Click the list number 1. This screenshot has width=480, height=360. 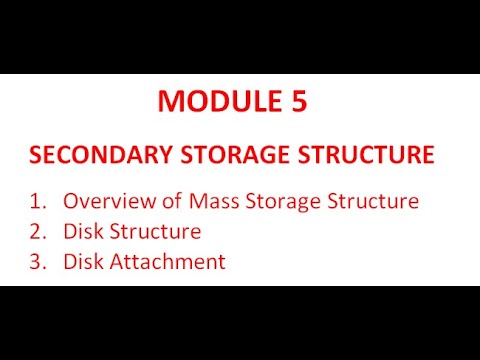[37, 201]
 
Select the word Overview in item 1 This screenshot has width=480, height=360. [104, 201]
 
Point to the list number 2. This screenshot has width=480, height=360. [37, 232]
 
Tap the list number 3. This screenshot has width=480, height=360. [37, 262]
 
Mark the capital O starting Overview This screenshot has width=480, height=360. [70, 201]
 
